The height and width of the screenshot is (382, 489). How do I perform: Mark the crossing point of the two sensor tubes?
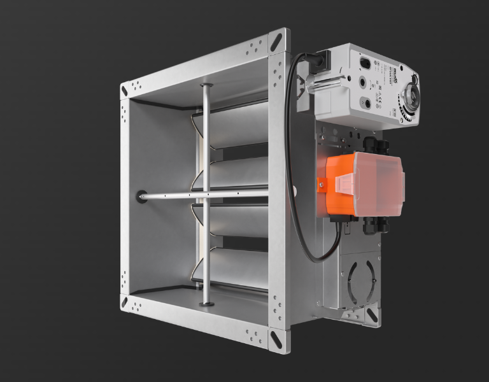tap(205, 194)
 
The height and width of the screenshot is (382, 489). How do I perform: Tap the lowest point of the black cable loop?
tap(316, 260)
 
